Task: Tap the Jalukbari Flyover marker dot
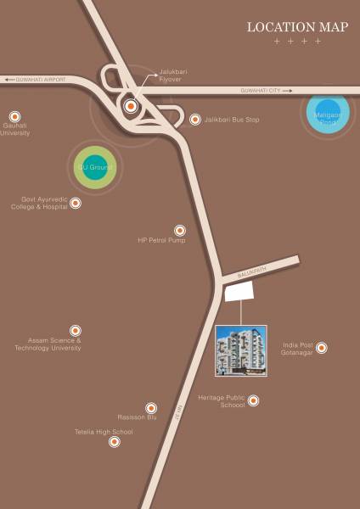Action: [130, 106]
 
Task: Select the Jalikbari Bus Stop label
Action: [230, 120]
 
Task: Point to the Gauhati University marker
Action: [13, 115]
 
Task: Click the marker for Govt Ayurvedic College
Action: [76, 203]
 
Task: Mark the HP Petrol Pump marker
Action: [179, 230]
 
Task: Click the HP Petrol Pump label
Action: [161, 241]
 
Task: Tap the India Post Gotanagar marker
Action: [321, 347]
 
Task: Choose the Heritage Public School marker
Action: [252, 400]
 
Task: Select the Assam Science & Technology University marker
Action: [75, 330]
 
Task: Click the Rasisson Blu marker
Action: [151, 408]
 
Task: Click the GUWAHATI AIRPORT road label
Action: [37, 80]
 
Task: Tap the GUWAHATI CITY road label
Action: [266, 90]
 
